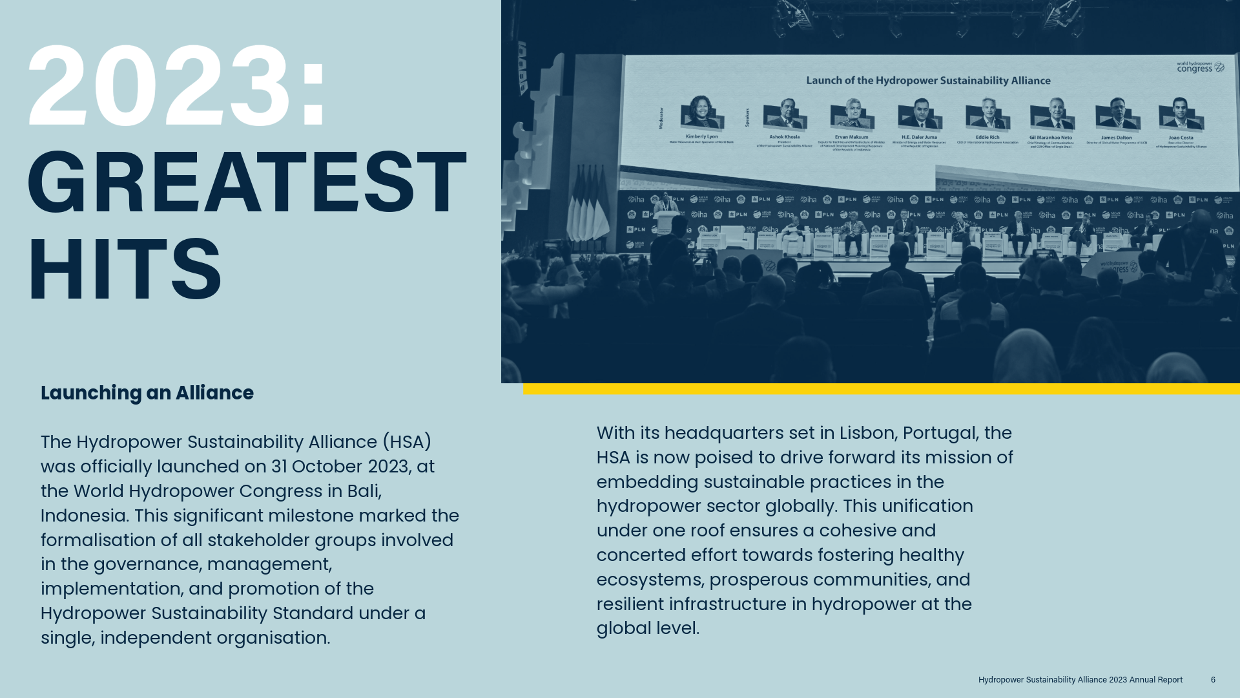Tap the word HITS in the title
[125, 270]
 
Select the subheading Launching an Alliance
[147, 393]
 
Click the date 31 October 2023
[340, 467]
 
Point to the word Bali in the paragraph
[363, 491]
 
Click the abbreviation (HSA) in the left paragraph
[407, 442]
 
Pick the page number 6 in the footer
[1213, 680]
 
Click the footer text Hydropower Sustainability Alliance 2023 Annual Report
[1080, 680]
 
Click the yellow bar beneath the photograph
[881, 389]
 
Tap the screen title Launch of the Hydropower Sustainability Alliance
[928, 81]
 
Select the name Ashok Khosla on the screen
[784, 137]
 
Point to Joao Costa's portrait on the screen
[1181, 114]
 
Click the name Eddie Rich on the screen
[987, 137]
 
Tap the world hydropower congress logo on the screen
[1200, 67]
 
